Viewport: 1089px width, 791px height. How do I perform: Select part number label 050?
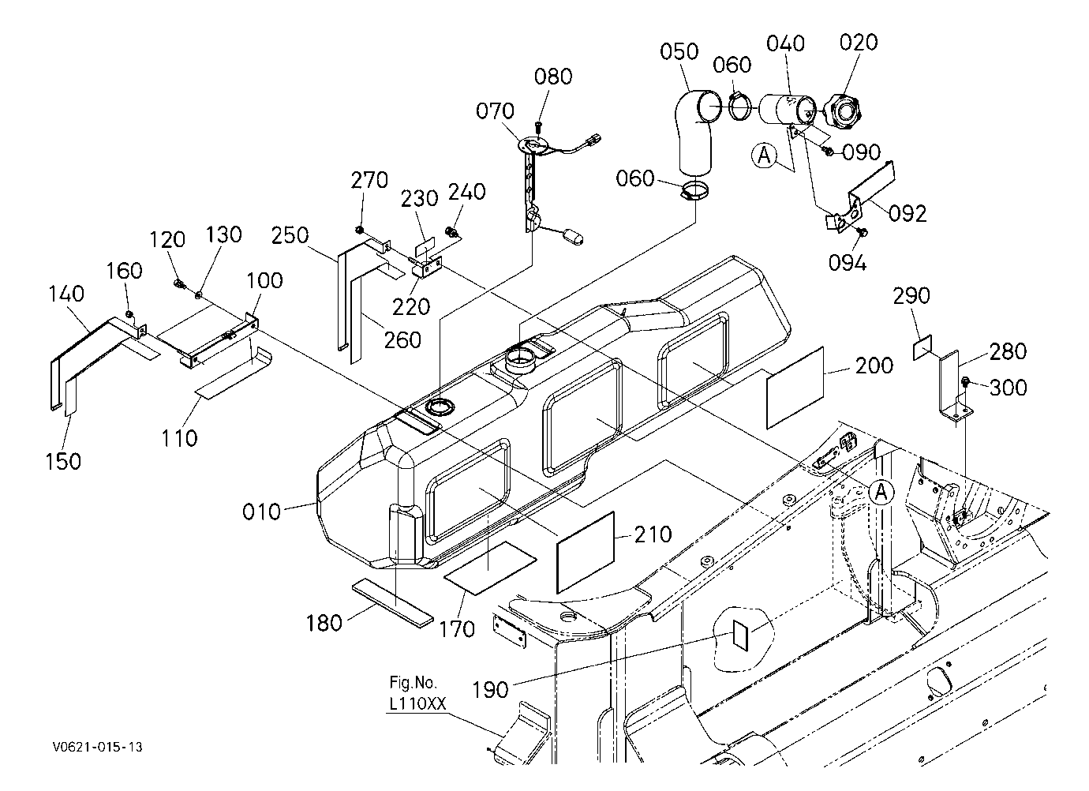[x=679, y=51]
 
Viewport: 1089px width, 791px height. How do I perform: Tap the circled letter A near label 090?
[x=764, y=156]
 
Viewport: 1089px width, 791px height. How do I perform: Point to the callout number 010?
[x=261, y=512]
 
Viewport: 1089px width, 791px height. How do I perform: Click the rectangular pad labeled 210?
[x=586, y=553]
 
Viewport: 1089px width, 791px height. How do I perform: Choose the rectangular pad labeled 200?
[x=795, y=388]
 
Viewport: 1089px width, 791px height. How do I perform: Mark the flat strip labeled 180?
[x=392, y=603]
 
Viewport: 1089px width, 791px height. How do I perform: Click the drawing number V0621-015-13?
[x=98, y=748]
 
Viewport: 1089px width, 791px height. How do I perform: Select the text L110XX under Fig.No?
[x=417, y=704]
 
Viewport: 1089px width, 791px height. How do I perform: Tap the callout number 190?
[x=491, y=690]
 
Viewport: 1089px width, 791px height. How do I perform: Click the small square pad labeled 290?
[x=922, y=347]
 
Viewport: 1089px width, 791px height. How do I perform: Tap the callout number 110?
[x=179, y=438]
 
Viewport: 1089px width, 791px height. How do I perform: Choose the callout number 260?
[x=402, y=340]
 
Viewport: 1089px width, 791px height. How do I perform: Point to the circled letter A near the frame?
[x=881, y=493]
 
